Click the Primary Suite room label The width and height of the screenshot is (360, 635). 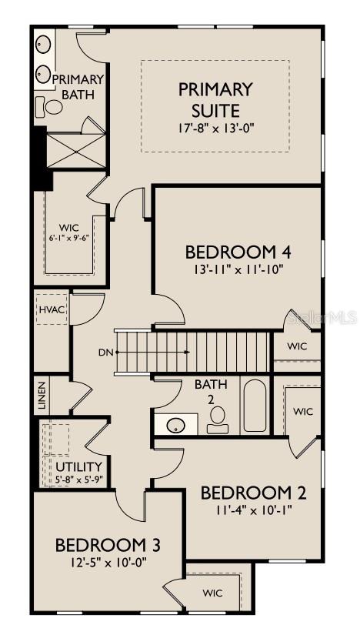click(x=215, y=100)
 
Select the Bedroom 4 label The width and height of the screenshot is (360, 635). click(x=231, y=252)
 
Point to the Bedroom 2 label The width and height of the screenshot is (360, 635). click(x=248, y=493)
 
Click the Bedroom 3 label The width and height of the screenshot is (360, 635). click(x=108, y=545)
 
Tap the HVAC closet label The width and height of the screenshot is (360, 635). click(x=50, y=309)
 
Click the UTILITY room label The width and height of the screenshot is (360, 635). click(x=78, y=466)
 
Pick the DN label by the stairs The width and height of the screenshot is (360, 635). click(x=106, y=353)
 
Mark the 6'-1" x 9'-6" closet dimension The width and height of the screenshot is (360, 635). click(x=69, y=238)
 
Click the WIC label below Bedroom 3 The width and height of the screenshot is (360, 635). click(x=212, y=593)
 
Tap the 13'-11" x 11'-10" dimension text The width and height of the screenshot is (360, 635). click(x=231, y=271)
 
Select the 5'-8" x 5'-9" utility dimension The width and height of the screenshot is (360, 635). click(x=79, y=480)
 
